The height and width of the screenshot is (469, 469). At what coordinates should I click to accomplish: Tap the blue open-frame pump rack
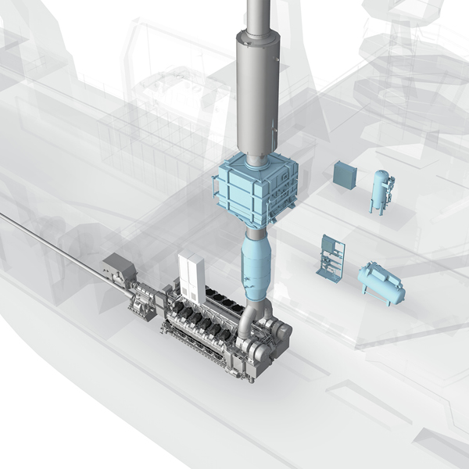(x=330, y=258)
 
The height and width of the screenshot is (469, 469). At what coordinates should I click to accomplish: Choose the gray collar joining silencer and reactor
(x=256, y=160)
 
